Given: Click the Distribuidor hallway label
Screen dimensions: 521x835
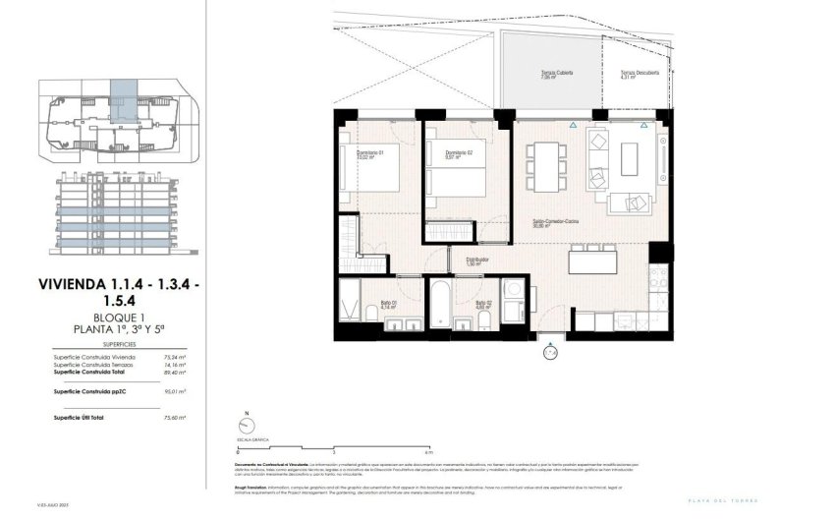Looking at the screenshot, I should coord(478,261).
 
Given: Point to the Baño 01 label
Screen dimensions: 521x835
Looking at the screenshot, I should coord(390,305).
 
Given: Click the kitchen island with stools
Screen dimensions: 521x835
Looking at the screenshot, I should coord(592,263).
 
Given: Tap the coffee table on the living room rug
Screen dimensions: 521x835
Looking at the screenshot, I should coord(629,156).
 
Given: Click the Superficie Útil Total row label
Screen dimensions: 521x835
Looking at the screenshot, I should coord(83,417).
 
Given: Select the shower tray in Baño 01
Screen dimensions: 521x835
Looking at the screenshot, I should coord(350,303).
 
